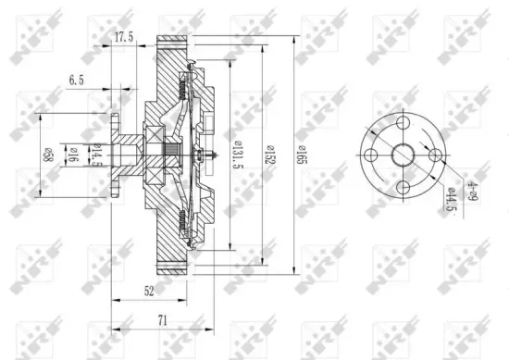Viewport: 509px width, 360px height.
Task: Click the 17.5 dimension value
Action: click(x=123, y=38)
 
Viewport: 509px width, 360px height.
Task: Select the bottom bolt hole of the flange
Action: click(x=403, y=187)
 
